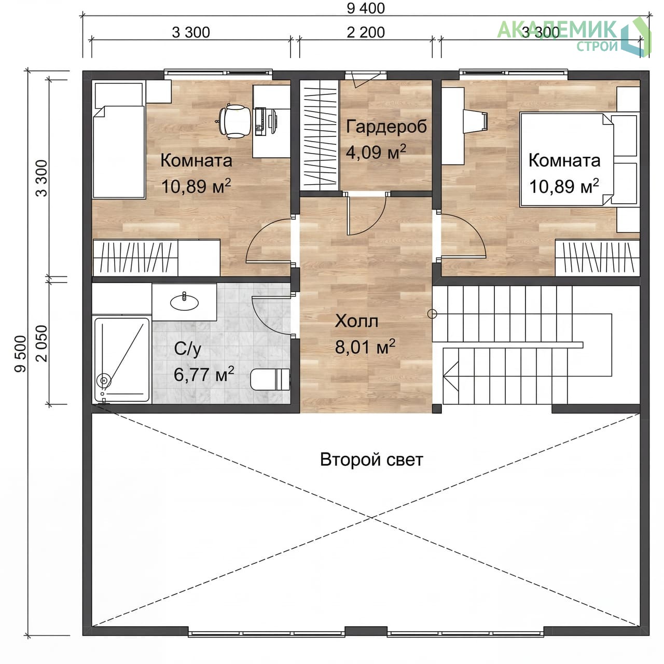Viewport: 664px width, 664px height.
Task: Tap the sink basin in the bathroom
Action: [184, 302]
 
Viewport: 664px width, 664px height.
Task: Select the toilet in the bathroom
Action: [270, 379]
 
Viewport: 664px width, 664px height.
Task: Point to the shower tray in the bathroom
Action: [121, 359]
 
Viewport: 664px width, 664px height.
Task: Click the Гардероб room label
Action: [386, 126]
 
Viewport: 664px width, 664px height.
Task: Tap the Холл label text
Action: [356, 321]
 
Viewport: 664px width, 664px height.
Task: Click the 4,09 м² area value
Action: [376, 152]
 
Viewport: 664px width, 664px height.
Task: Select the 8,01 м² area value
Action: [365, 347]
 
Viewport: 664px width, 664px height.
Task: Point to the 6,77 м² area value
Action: [204, 374]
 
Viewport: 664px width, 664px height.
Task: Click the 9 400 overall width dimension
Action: [366, 8]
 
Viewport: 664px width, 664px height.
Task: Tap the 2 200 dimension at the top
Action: [366, 32]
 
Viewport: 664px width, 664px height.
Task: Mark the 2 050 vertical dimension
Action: [41, 343]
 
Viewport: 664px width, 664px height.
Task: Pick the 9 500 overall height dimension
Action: [20, 354]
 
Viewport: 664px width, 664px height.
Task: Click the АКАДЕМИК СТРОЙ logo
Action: [574, 36]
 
